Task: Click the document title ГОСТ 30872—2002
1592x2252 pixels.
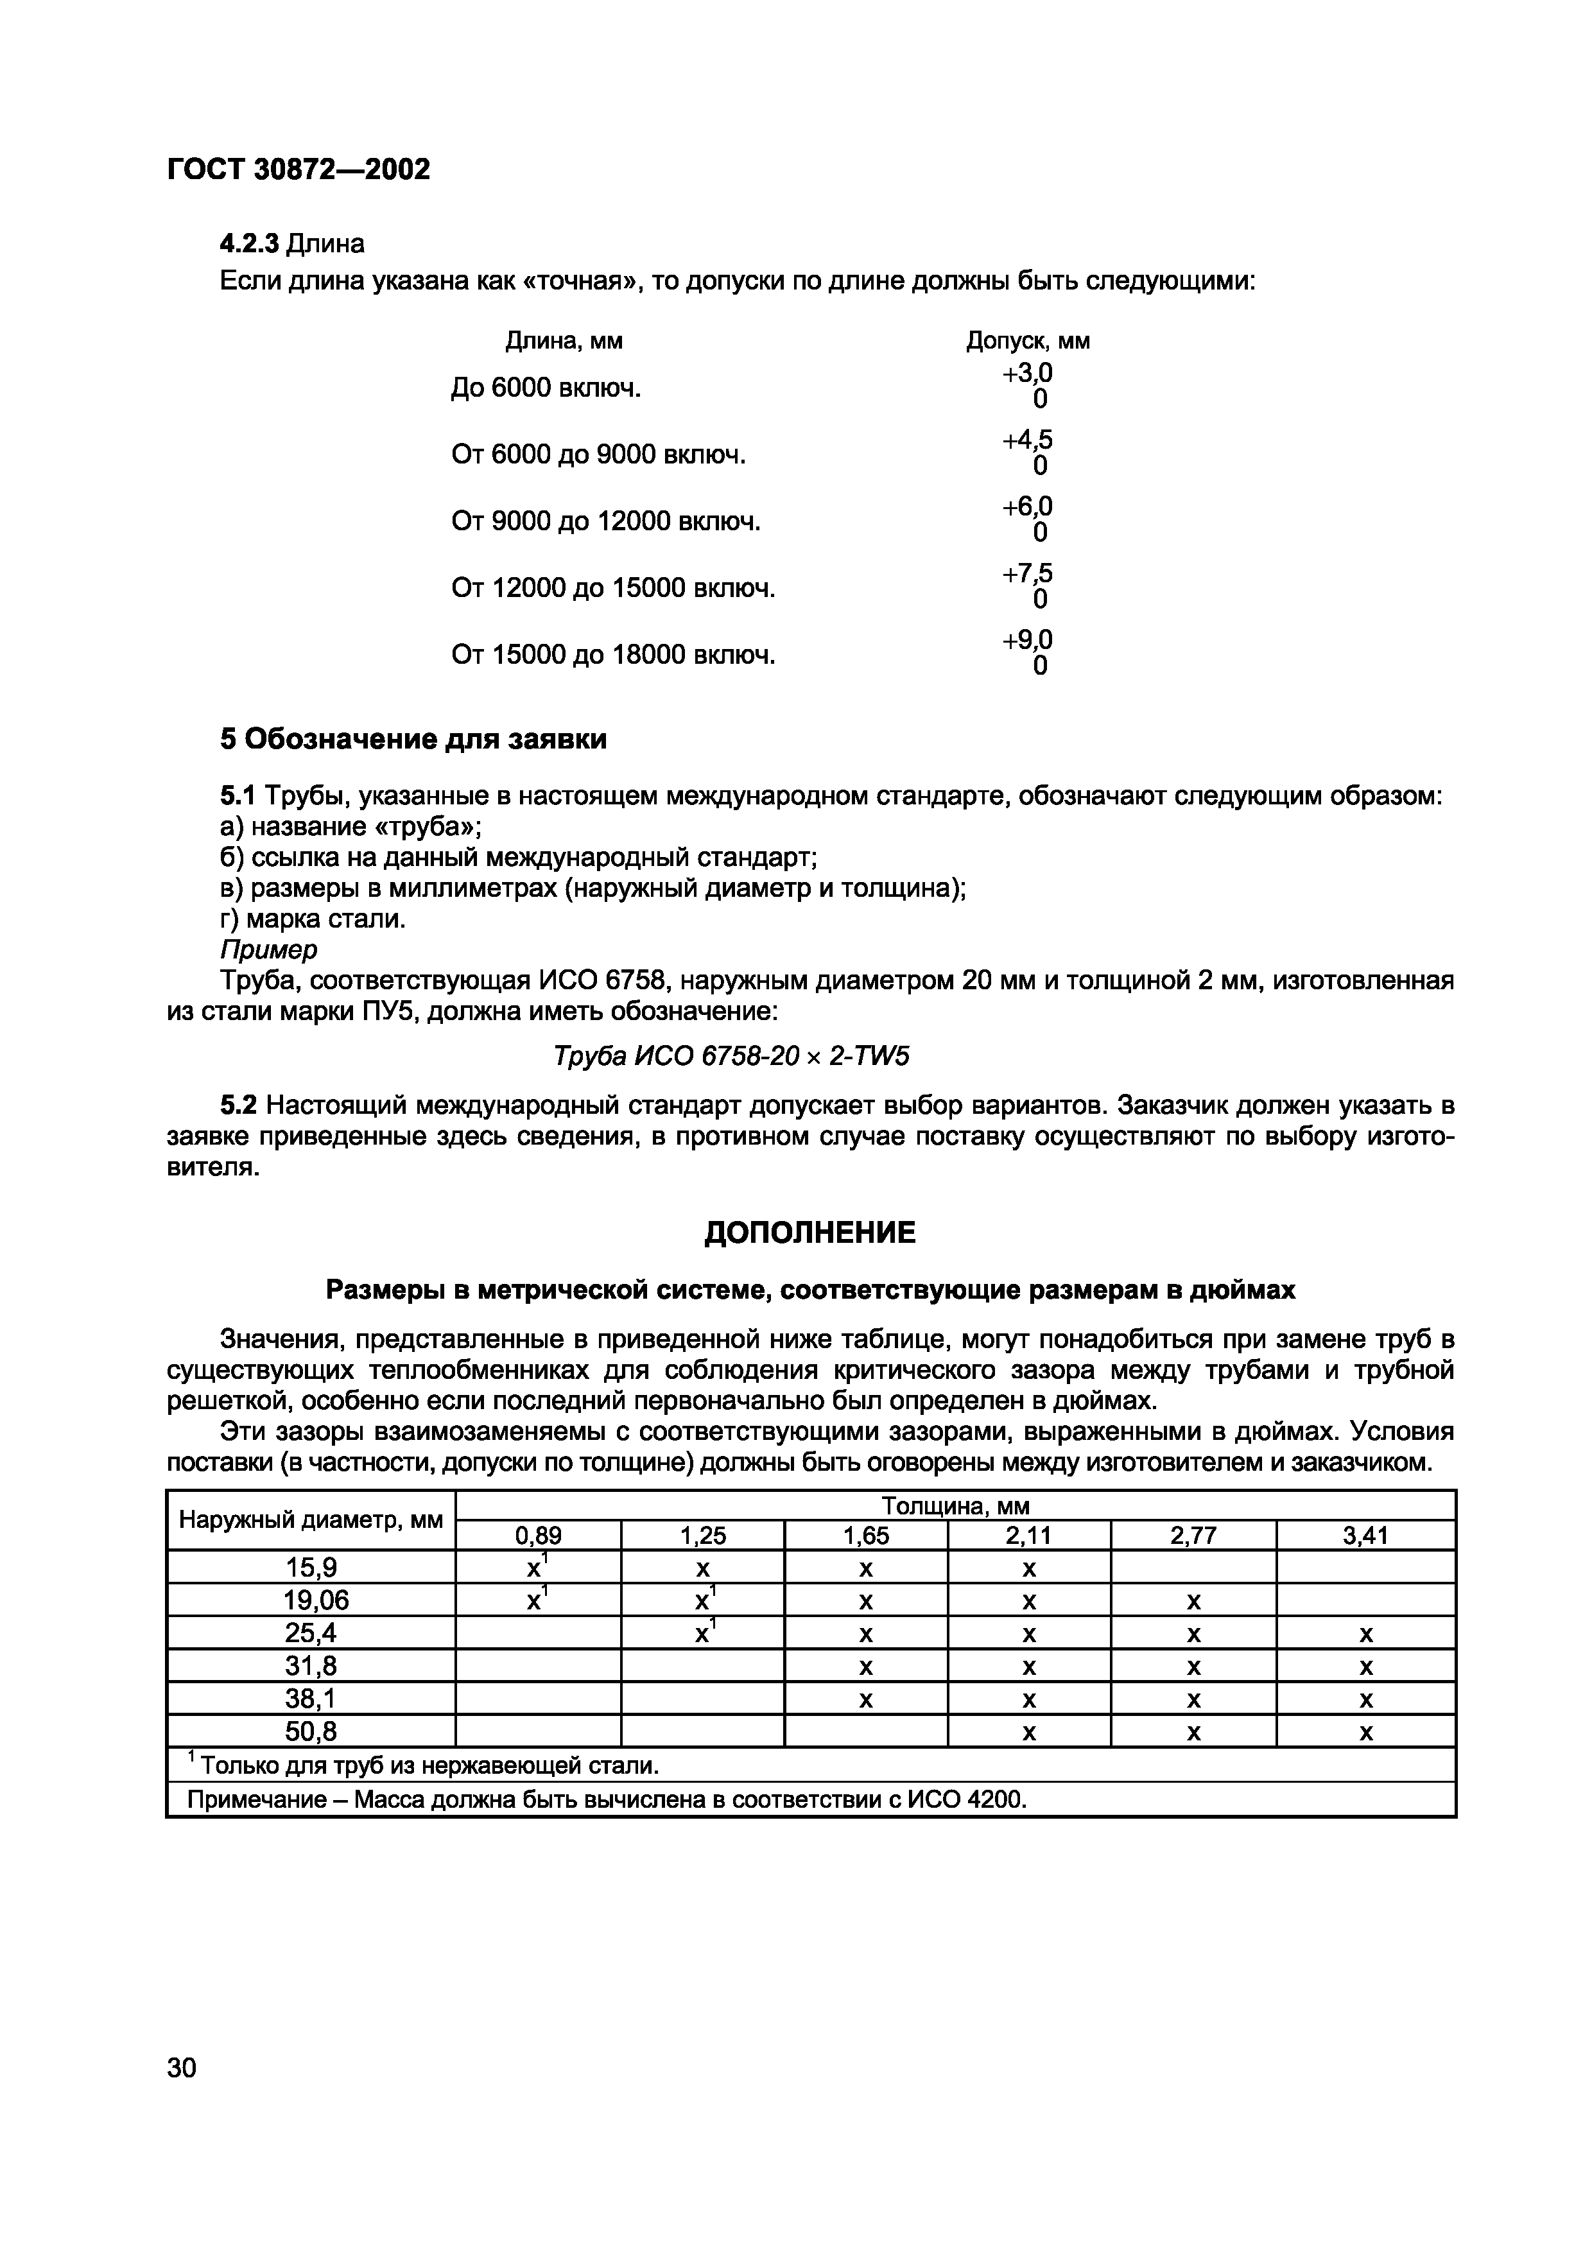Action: click(298, 169)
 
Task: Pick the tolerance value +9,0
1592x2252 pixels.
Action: click(1027, 641)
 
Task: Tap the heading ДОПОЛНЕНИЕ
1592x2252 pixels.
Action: click(809, 1233)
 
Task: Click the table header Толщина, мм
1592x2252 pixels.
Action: click(955, 1505)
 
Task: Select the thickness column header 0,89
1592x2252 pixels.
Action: click(539, 1536)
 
